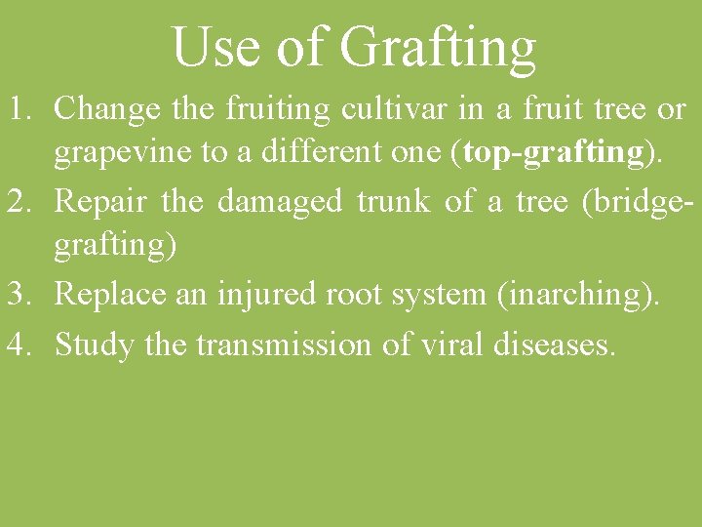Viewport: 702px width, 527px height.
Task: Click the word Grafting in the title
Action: tap(438, 47)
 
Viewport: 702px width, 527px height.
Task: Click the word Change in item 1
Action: tap(108, 109)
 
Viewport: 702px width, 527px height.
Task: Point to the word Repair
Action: tap(100, 201)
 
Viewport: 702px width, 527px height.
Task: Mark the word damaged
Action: tap(280, 202)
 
